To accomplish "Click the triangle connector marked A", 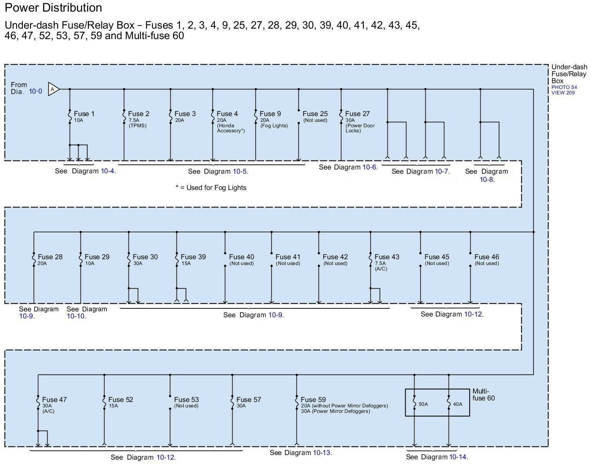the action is tap(53, 89).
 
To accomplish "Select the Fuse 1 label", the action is tap(84, 114).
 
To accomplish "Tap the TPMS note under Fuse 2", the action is tap(138, 126).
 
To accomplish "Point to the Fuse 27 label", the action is tap(357, 114).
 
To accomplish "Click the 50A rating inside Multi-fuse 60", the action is tap(423, 404).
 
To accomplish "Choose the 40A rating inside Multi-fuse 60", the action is tap(457, 404).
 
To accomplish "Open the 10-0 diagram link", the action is tap(35, 92).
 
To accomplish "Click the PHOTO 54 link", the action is tap(564, 87).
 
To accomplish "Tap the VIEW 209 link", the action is tap(563, 93).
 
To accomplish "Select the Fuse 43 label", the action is tap(387, 257).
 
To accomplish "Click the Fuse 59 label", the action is tap(313, 400).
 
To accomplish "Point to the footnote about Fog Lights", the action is tap(211, 188).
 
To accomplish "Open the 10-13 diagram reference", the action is tap(322, 453).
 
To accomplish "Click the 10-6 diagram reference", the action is tap(369, 167).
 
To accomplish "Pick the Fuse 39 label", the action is tap(193, 257).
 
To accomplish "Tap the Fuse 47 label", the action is tap(54, 400).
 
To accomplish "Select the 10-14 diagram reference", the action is tap(458, 457).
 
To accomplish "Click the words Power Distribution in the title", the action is tap(53, 8).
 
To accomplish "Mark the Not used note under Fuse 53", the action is tap(186, 406).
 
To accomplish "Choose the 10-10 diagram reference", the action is tap(76, 316).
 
